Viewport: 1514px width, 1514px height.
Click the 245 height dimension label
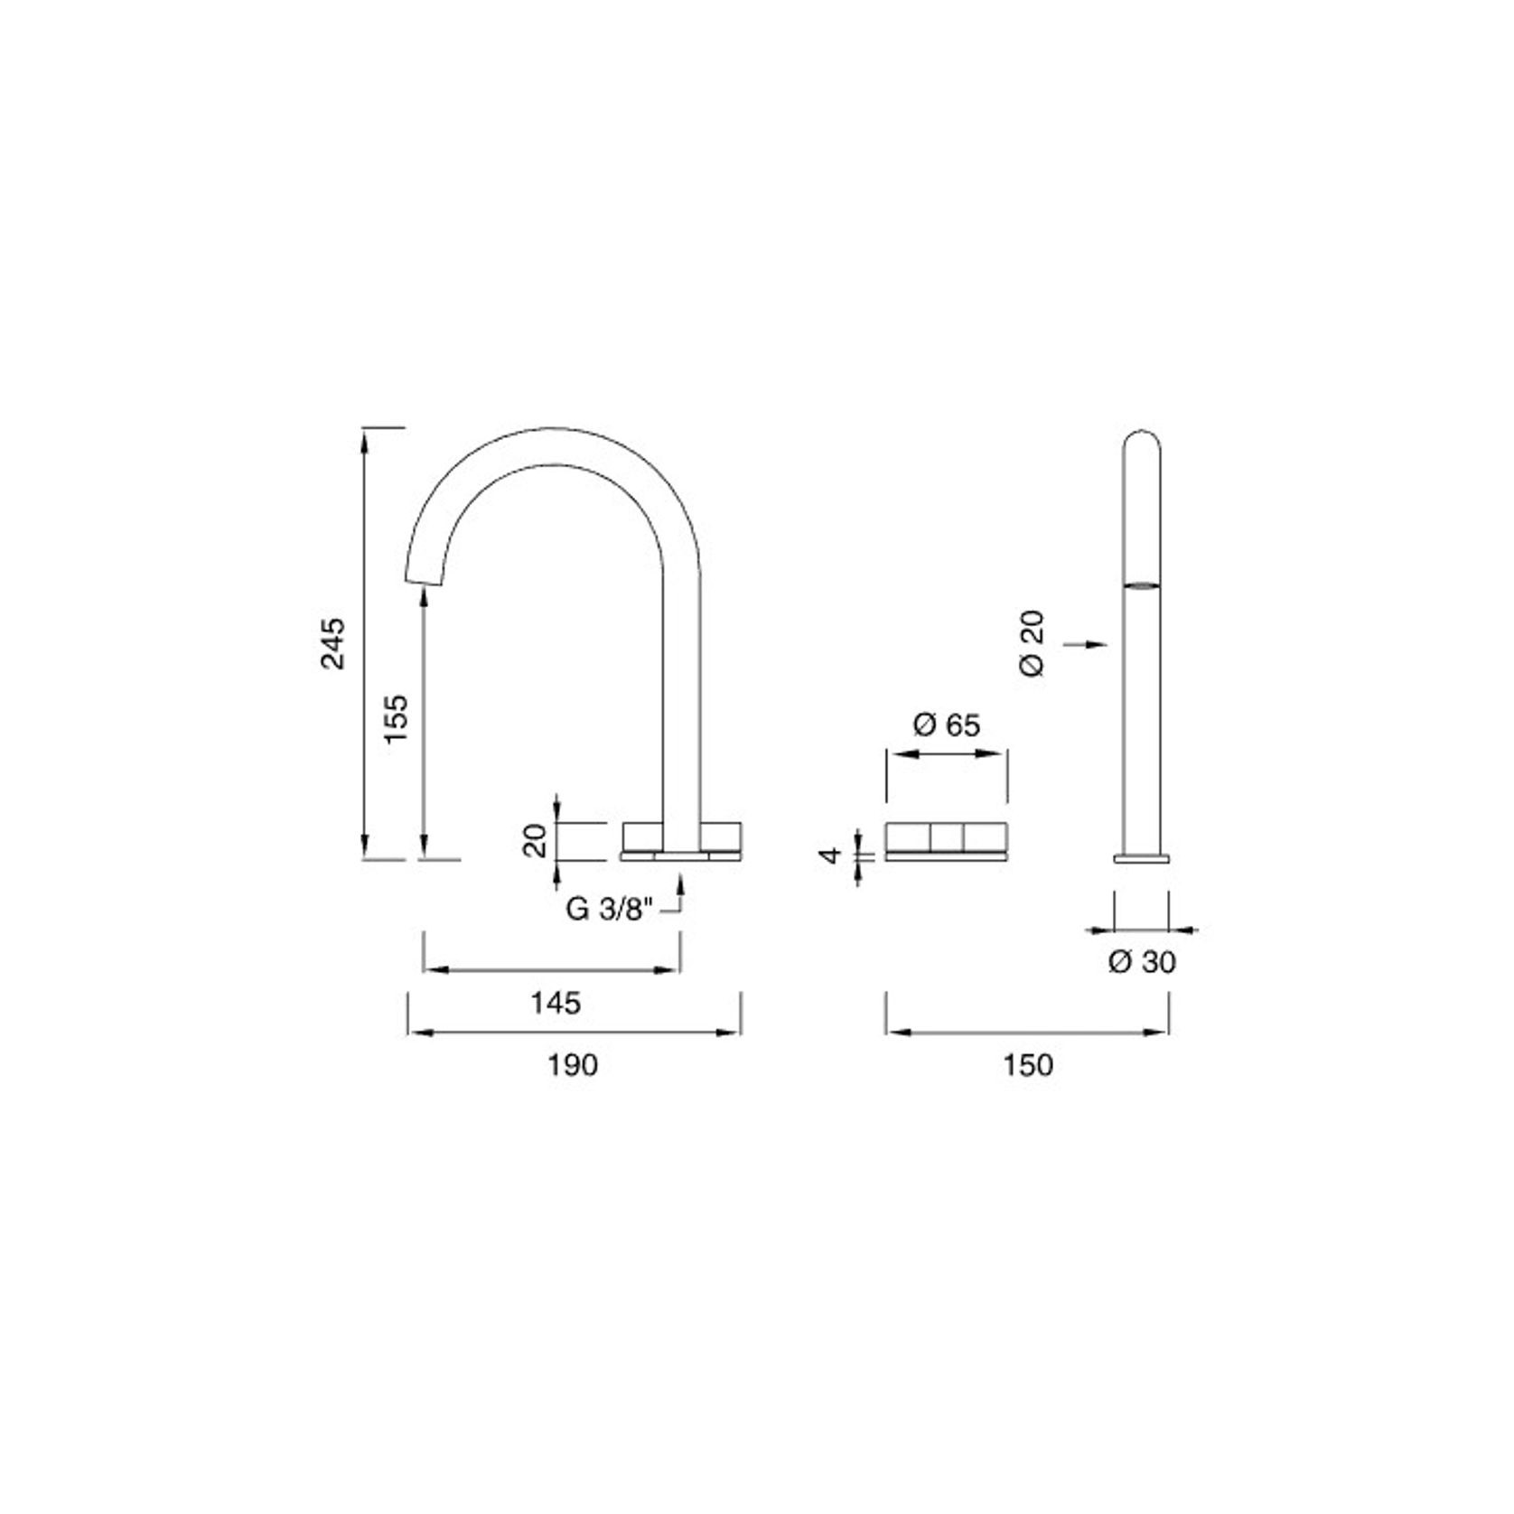[x=333, y=642]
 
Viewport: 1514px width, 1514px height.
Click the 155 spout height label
[x=397, y=718]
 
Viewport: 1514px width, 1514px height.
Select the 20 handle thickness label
[x=536, y=840]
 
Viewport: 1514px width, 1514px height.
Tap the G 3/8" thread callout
[x=608, y=909]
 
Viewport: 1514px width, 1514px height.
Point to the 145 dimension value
[x=555, y=1003]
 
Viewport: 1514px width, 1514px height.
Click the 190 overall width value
[x=573, y=1065]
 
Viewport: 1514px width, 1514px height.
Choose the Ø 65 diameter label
[x=946, y=724]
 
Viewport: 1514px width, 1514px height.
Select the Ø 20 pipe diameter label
[x=1032, y=643]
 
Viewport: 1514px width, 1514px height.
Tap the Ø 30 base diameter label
[x=1142, y=962]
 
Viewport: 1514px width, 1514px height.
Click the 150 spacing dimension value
[x=1028, y=1065]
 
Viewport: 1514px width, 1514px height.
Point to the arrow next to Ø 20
[x=1087, y=644]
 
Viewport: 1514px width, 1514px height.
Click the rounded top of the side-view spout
[x=1142, y=439]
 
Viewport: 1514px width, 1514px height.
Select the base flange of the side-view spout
[x=1142, y=858]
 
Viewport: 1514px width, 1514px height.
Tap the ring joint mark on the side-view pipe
[x=1142, y=585]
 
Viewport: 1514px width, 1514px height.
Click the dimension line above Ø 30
[x=1142, y=929]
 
